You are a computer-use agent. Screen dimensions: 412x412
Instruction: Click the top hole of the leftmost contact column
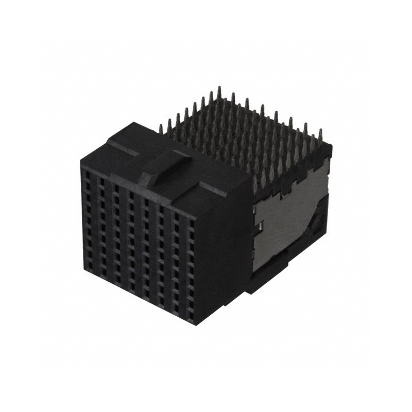pos(87,175)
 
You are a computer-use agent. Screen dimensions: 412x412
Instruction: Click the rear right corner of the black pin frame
pos(330,146)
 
